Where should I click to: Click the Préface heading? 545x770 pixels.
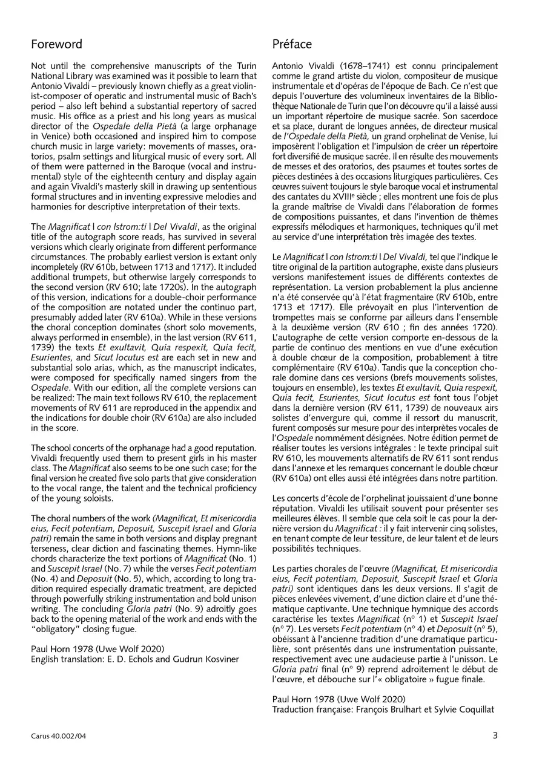[292, 44]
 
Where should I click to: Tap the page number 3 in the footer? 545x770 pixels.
[495, 736]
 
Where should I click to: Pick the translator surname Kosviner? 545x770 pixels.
[219, 659]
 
